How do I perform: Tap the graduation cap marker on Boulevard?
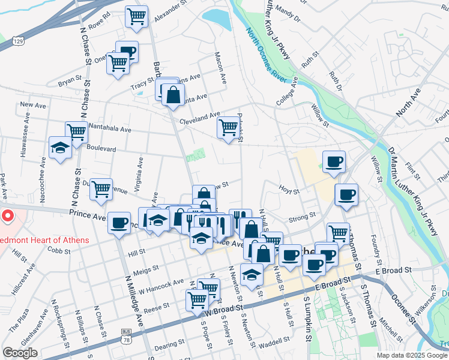click(x=60, y=148)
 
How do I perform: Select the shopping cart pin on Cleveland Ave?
click(x=228, y=127)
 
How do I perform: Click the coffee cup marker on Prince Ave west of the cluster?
click(x=119, y=223)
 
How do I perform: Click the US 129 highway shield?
click(x=19, y=41)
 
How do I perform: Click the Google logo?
click(x=20, y=353)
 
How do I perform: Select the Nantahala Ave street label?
click(x=109, y=129)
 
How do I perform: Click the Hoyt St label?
click(x=289, y=190)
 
